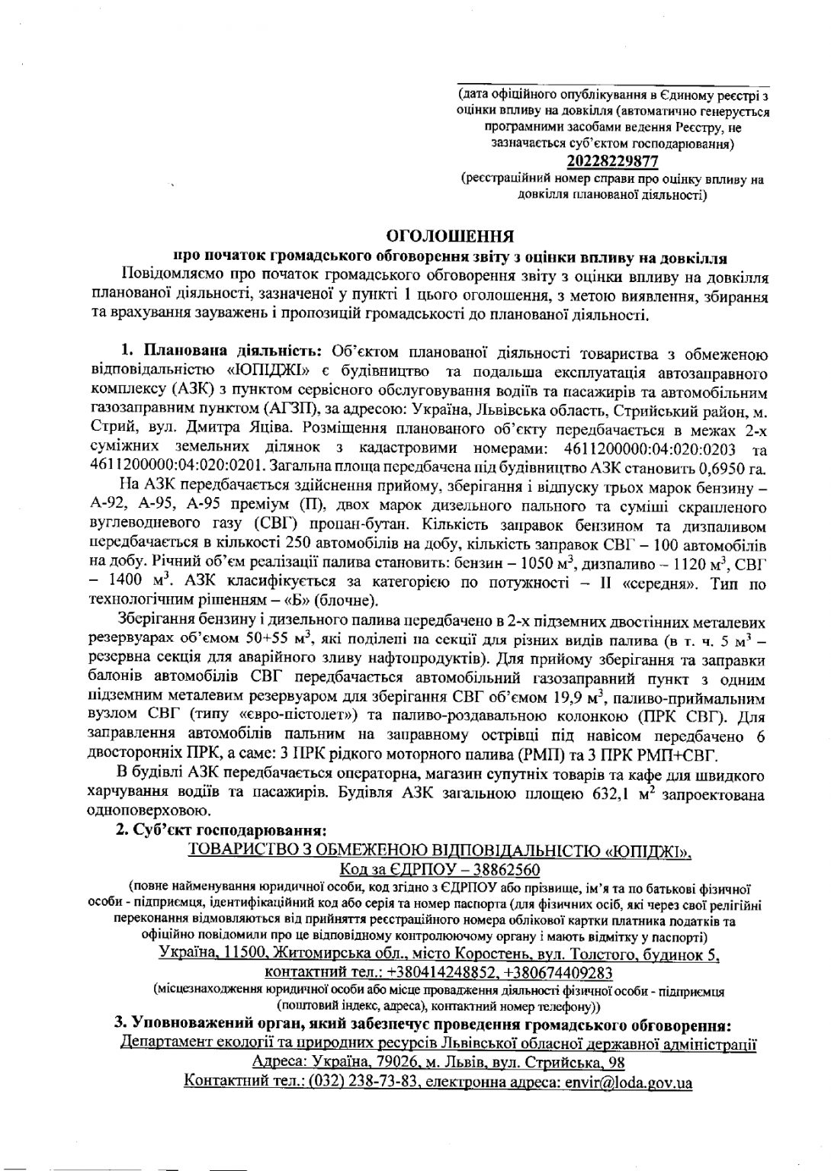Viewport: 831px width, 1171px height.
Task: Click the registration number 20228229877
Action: [612, 162]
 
